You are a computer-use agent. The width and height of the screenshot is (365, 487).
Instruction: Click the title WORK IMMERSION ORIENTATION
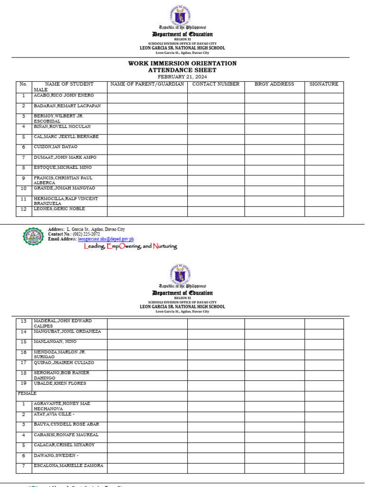182,63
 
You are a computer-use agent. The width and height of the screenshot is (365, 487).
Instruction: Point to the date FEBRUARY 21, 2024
182,77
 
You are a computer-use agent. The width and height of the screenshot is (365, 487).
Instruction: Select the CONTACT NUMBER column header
216,84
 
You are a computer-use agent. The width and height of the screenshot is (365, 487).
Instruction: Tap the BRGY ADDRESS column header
274,84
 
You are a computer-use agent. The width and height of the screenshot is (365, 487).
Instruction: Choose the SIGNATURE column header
324,84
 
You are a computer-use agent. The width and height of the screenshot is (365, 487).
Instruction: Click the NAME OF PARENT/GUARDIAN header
147,84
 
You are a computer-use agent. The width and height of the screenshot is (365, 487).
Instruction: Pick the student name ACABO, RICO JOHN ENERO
64,96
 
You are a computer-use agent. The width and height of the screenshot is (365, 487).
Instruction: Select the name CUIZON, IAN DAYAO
55,147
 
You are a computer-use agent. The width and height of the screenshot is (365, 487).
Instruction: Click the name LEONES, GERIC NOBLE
59,209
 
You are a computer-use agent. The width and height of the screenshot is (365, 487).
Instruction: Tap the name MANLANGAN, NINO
55,342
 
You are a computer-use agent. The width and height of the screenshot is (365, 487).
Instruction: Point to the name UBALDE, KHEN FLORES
59,383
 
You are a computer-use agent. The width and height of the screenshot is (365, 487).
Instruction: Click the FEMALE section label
27,394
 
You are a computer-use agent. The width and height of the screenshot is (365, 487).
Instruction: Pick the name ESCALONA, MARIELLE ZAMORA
68,466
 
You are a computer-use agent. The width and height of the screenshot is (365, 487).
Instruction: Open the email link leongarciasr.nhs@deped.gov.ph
106,239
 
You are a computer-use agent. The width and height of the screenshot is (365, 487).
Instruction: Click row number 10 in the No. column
23,188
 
